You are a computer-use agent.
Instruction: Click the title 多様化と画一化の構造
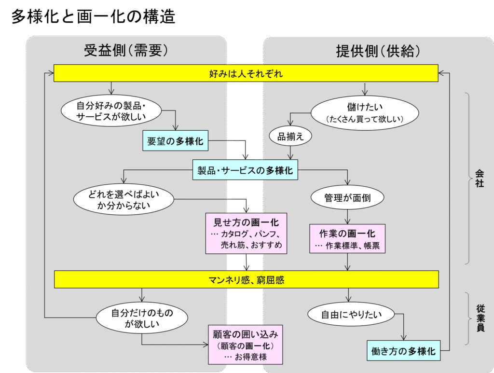coord(93,17)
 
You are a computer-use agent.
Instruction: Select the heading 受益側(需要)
coord(126,51)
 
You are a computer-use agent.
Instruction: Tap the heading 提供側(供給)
coord(378,51)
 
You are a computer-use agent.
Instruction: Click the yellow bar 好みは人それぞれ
coord(246,74)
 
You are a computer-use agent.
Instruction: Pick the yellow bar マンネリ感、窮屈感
coord(246,279)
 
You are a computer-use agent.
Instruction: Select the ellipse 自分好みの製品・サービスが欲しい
coord(111,111)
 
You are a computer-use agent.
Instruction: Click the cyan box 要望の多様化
coord(176,141)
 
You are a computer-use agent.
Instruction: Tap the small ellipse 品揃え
coord(290,136)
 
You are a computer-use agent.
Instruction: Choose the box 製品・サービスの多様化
coord(245,170)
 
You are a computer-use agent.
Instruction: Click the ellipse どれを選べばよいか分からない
coord(123,200)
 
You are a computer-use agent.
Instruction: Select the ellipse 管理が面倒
coord(347,197)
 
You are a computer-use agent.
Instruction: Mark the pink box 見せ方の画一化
coord(246,234)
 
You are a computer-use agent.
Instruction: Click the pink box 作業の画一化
coord(347,238)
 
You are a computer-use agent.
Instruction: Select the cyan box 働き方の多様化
coord(403,351)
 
